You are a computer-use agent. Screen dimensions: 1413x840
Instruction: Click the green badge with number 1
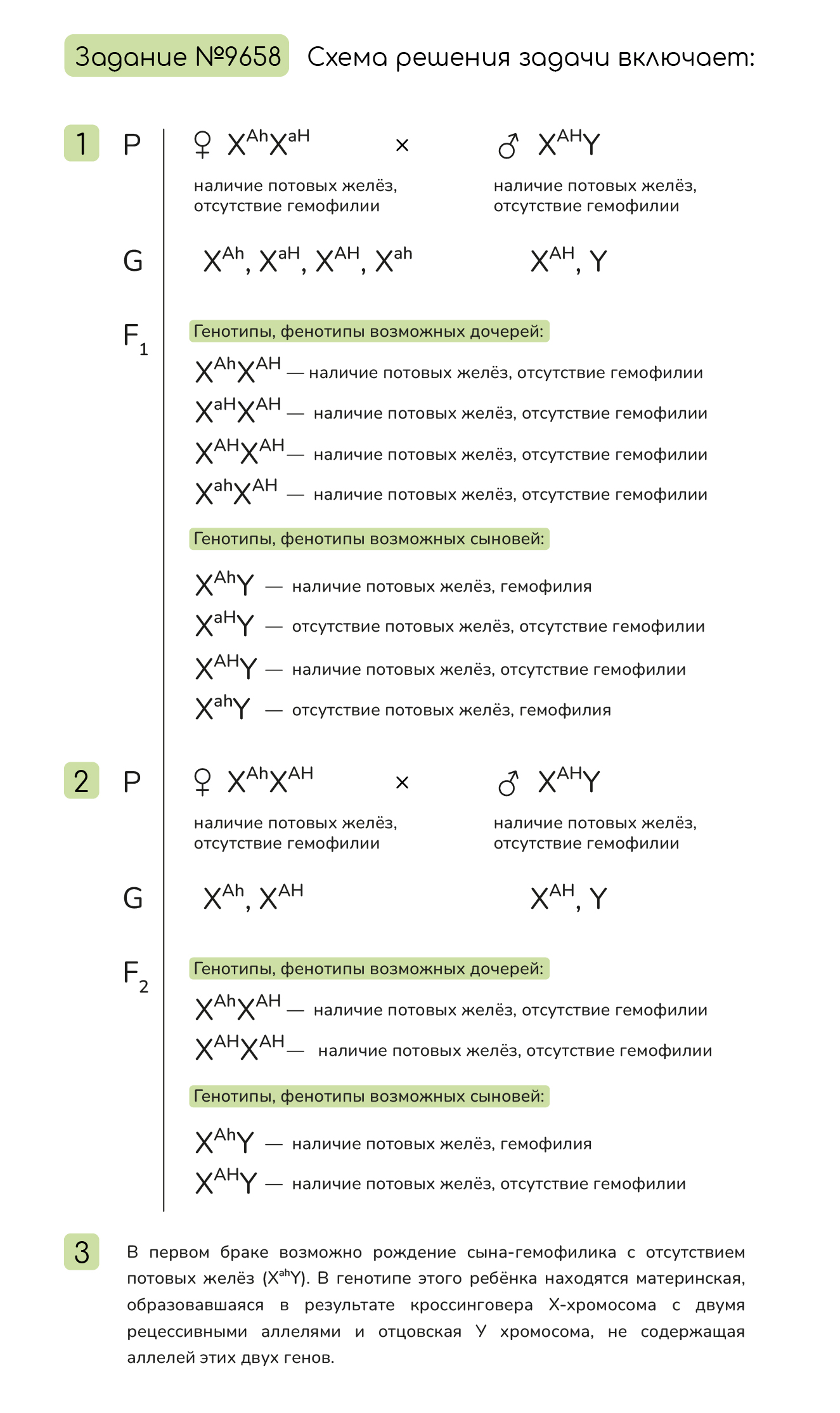tap(82, 143)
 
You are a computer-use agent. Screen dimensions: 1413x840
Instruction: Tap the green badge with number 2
tap(82, 781)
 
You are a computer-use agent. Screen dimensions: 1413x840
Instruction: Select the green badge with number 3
tap(82, 1252)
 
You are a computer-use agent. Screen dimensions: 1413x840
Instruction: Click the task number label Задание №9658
tap(177, 56)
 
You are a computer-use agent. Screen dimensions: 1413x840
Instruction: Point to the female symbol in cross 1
tap(202, 145)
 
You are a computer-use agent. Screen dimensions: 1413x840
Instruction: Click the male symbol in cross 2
tap(508, 783)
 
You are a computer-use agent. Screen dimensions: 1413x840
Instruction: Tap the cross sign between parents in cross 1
tap(402, 146)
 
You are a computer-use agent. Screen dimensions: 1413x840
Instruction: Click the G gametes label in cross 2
tap(133, 898)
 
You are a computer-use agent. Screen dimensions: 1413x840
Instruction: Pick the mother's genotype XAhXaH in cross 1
tap(269, 143)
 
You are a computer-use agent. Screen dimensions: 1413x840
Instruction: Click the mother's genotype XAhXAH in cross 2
tap(271, 781)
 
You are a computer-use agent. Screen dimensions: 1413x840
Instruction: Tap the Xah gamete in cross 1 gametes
tap(394, 259)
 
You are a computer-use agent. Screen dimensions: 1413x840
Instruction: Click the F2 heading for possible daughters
tap(369, 969)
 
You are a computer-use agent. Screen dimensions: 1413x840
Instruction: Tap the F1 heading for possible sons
tap(369, 539)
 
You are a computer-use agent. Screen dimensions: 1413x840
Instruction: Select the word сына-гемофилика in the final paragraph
tap(541, 1253)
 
